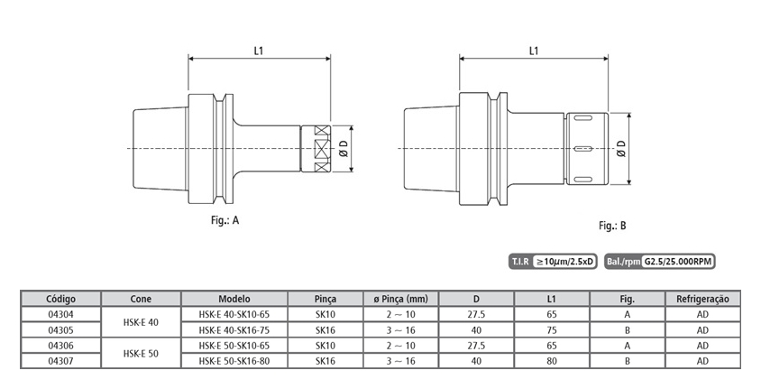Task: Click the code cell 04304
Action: click(60, 314)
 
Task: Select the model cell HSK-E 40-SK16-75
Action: click(234, 330)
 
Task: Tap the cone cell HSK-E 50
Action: click(141, 354)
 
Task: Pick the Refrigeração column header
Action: click(702, 299)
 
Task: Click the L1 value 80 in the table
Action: click(552, 361)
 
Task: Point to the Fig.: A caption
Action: click(225, 220)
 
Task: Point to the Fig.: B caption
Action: click(612, 226)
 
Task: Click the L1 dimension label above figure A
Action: click(259, 51)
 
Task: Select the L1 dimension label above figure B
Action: click(534, 51)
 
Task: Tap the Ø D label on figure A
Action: click(344, 149)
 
